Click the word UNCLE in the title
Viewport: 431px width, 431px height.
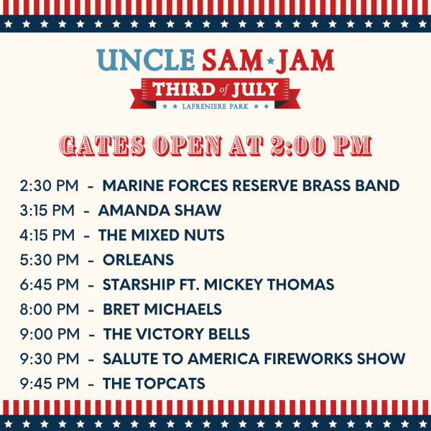[146, 60]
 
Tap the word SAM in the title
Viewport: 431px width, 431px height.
[233, 60]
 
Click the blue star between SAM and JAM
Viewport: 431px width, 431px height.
[271, 60]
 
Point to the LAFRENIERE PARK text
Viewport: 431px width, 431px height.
[215, 106]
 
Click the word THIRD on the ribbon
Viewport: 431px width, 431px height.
[184, 89]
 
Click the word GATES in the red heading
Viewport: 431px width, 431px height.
[102, 146]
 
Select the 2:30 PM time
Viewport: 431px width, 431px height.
[49, 185]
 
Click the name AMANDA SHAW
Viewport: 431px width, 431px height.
[159, 210]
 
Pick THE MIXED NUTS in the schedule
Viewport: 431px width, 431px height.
[162, 235]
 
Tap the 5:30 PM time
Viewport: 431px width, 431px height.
[49, 260]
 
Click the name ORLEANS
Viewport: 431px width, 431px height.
[138, 260]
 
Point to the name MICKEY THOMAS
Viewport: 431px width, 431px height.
[269, 284]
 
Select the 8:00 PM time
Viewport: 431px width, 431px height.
[49, 309]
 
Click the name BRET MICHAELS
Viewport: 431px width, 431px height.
[162, 309]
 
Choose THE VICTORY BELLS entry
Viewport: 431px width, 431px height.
[177, 334]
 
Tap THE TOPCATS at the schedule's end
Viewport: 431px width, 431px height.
[154, 384]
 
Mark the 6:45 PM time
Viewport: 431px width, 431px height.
[49, 284]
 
